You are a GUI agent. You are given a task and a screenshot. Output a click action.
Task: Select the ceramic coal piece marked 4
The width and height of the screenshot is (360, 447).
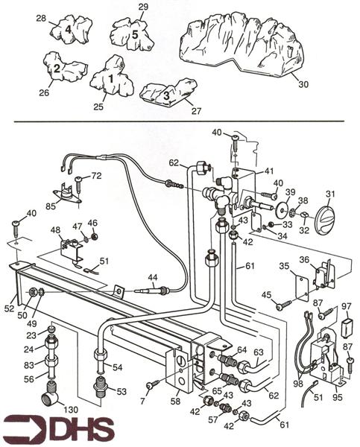point(72,29)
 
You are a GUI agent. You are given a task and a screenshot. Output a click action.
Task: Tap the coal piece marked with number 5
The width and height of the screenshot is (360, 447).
point(132,34)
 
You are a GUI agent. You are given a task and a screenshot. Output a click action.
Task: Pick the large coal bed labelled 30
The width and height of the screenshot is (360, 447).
point(241,45)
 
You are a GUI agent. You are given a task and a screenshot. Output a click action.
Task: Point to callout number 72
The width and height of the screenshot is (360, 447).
point(96,176)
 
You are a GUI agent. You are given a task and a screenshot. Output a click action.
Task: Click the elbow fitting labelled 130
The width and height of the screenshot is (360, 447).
point(51,401)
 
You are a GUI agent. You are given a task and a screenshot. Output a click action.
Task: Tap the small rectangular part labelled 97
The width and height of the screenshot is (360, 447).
point(347,324)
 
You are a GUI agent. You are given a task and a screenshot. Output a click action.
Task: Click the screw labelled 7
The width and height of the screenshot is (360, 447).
point(152,385)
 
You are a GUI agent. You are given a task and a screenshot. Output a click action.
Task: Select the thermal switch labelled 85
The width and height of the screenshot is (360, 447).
point(68,194)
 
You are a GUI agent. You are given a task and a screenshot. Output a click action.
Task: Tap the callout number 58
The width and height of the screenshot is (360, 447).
point(175,402)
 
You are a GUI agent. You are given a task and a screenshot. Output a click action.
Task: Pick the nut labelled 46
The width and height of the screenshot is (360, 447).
point(94,236)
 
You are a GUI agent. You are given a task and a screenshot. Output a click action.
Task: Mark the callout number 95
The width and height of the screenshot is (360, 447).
point(338,397)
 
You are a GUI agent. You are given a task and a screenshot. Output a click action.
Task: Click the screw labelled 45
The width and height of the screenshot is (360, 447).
point(284,304)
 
